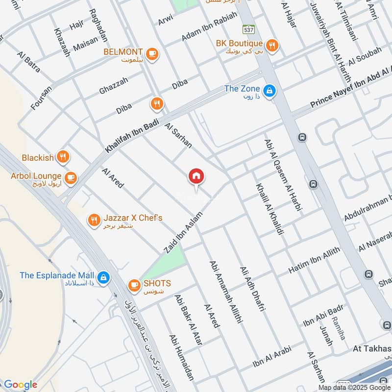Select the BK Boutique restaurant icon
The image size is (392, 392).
(x=272, y=45)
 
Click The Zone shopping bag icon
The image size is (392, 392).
(x=269, y=91)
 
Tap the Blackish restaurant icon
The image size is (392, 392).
(x=63, y=157)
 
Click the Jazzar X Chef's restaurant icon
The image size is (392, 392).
(x=94, y=220)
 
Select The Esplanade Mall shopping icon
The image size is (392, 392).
(x=103, y=278)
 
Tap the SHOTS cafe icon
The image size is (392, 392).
(x=134, y=284)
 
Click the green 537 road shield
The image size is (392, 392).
(x=248, y=29)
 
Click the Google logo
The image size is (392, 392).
(x=20, y=385)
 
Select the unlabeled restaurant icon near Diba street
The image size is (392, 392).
(x=156, y=103)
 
